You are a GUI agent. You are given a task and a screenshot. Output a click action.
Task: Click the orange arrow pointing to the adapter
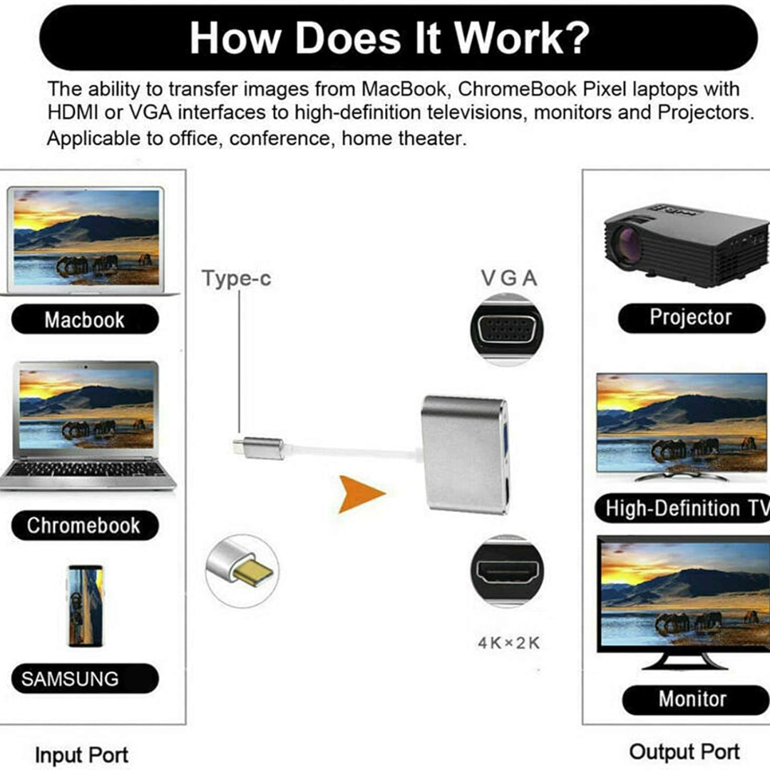pos(361,493)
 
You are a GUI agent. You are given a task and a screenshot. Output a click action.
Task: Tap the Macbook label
pos(85,319)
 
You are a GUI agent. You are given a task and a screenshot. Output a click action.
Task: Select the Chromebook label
pos(85,525)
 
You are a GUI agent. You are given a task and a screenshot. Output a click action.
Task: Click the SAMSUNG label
pos(85,679)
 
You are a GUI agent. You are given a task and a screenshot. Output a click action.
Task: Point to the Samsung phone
pos(85,605)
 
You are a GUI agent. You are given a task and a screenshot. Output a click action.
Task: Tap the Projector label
pos(692,318)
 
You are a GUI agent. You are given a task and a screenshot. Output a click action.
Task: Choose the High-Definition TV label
pos(682,508)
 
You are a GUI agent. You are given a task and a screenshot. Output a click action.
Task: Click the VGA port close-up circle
pos(507,329)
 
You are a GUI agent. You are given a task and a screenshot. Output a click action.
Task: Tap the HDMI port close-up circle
pos(507,571)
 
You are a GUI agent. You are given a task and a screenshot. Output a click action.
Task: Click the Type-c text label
pos(236,279)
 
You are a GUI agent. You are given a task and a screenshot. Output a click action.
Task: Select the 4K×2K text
pos(509,643)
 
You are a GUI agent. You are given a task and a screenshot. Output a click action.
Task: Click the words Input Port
pos(81,755)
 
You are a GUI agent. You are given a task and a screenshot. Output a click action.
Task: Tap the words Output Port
pos(684,752)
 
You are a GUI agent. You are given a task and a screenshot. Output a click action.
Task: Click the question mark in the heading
pos(577,38)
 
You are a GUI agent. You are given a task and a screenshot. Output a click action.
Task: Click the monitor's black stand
pos(684,659)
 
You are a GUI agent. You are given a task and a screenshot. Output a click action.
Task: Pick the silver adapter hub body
pos(464,455)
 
